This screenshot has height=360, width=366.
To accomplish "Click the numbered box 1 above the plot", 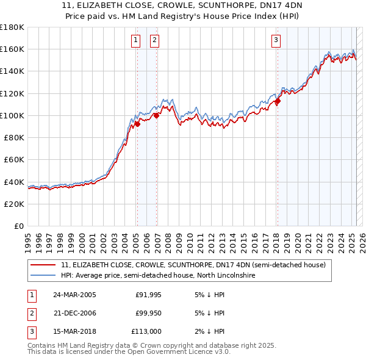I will pos(135,41).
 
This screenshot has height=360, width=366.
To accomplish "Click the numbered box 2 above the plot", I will pos(154,41).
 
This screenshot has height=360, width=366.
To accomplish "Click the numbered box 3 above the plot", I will pos(276,41).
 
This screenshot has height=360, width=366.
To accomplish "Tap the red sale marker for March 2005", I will pos(137,124).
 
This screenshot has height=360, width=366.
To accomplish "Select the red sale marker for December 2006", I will pos(156,115).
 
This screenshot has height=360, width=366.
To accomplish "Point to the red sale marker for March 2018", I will pos(277,101).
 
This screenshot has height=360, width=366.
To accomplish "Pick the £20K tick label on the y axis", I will pos(15,204).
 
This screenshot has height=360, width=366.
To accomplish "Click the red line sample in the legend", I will pos(44,265).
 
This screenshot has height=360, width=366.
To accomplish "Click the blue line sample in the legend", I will pos(44,276).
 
